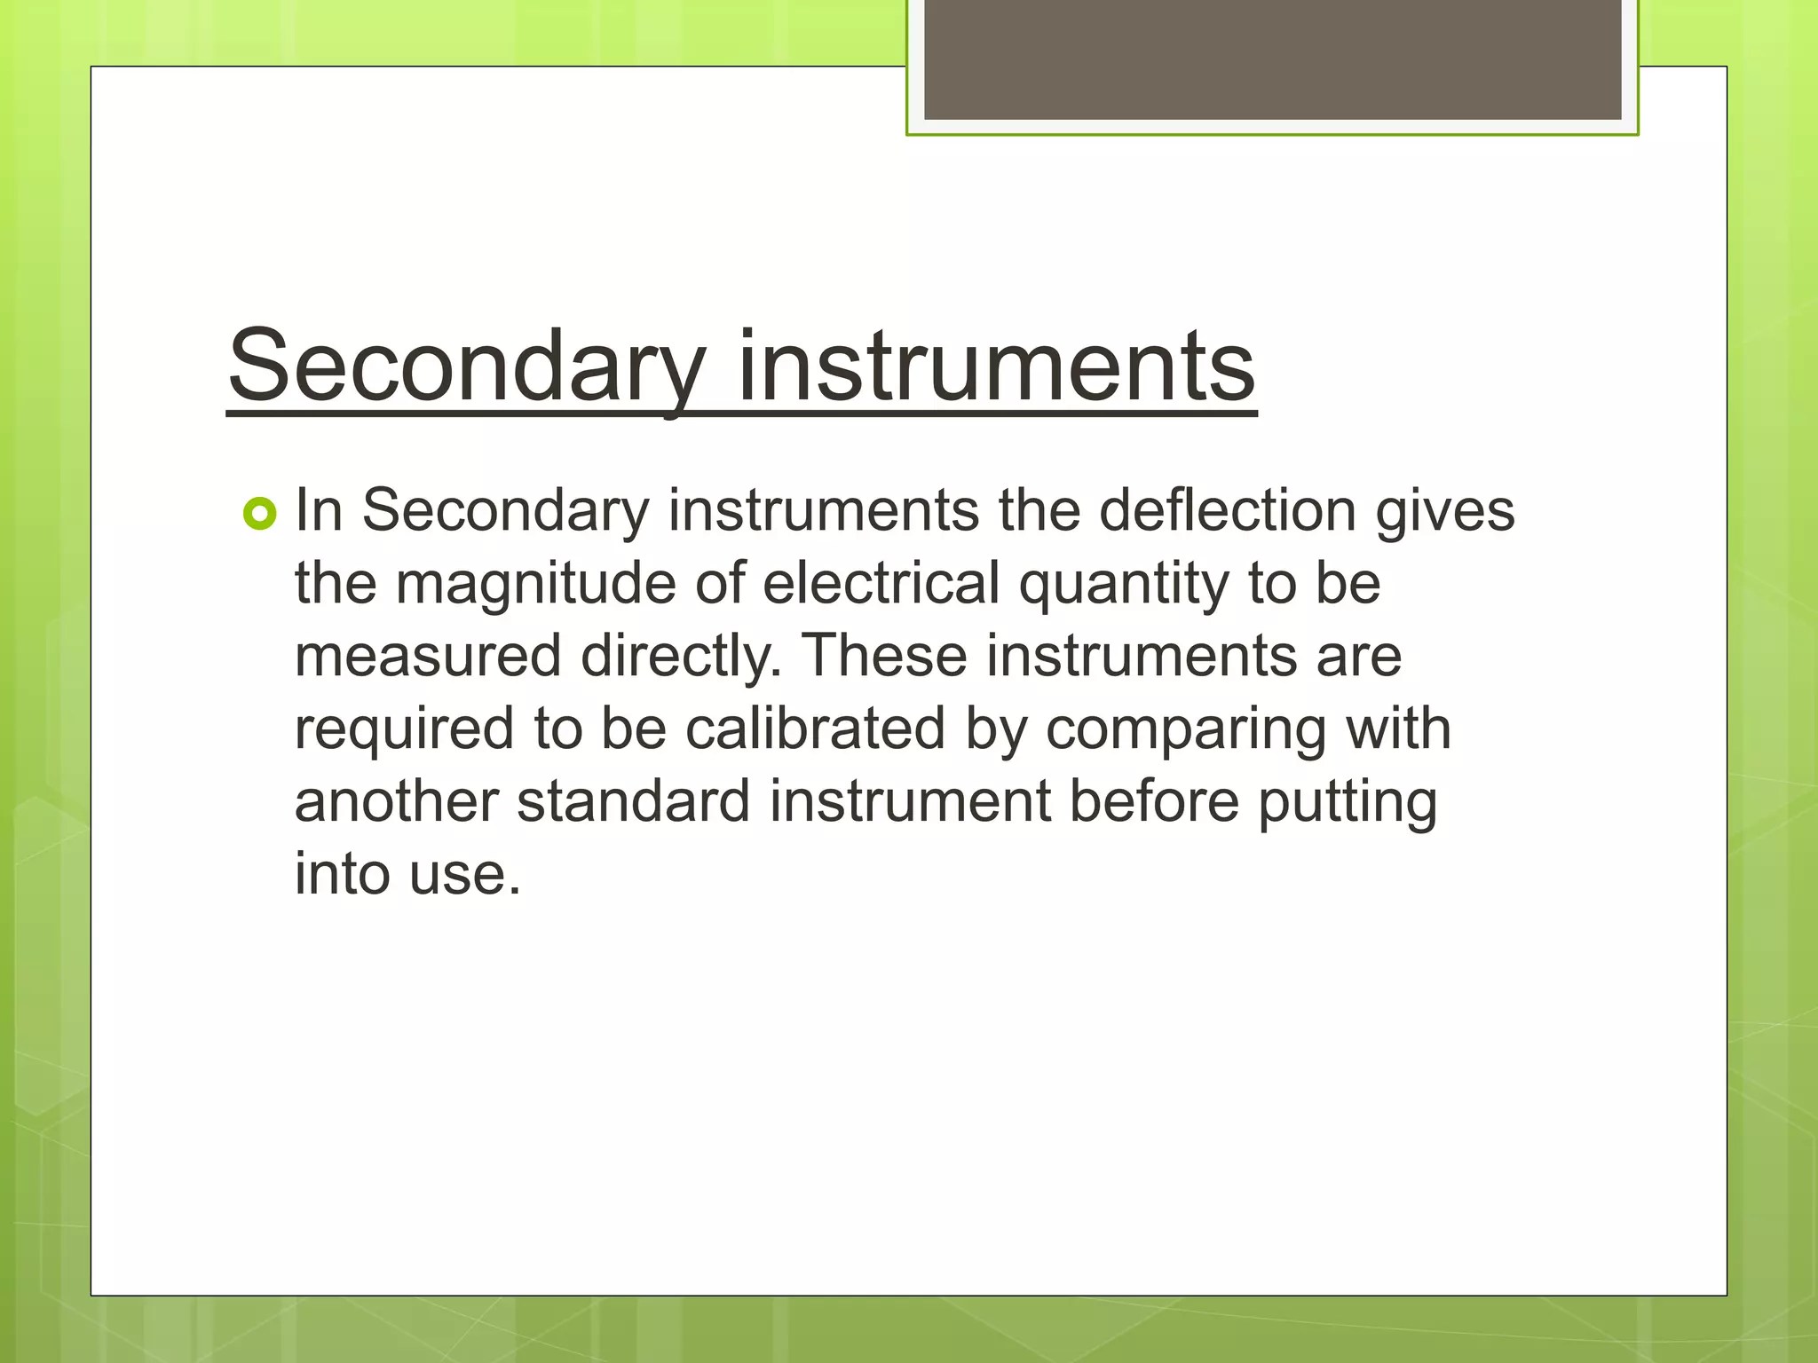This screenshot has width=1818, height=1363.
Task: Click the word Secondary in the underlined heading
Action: point(467,366)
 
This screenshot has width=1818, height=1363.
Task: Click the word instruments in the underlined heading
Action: point(996,366)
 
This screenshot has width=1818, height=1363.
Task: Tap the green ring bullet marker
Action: point(259,514)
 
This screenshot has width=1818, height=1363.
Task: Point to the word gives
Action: point(1444,512)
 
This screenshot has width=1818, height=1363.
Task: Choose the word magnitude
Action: point(536,584)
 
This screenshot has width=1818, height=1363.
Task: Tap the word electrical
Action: point(881,584)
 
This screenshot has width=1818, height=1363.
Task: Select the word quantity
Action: point(1125,586)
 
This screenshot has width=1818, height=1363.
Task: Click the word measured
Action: point(428,657)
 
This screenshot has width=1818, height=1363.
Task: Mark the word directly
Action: point(681,658)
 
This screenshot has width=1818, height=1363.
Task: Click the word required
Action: point(405,730)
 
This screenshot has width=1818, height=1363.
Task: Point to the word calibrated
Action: point(815,729)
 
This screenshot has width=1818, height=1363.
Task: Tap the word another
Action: point(396,801)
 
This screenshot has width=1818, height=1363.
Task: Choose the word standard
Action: point(634,801)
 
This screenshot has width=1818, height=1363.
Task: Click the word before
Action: point(1153,801)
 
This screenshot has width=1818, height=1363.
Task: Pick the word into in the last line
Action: point(343,874)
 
